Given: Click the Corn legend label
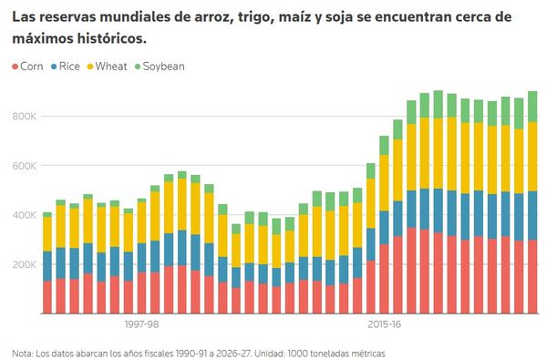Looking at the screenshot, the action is tap(32, 67).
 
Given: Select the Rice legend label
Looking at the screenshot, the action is tap(69, 67).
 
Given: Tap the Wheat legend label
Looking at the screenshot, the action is tap(111, 67).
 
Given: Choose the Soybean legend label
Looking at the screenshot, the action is tap(163, 67).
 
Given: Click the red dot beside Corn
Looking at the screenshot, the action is tap(15, 67).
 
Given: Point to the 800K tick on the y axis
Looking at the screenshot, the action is tap(25, 116).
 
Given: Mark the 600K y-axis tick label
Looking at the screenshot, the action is tap(25, 166).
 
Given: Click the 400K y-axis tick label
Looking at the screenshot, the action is tap(25, 215).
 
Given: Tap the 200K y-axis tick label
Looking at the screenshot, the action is tap(25, 264).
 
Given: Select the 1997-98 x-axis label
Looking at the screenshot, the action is tap(141, 324).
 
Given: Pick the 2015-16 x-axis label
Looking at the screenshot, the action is tap(384, 324).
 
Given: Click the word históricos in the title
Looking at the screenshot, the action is tap(111, 38).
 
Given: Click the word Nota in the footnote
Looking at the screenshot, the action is tap(22, 354).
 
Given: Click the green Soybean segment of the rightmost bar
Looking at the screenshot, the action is tap(532, 107).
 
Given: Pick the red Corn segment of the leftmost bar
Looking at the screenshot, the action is tap(47, 297).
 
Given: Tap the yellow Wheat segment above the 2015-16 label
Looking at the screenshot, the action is tap(384, 183).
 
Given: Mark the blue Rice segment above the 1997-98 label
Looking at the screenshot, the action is tap(141, 258).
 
